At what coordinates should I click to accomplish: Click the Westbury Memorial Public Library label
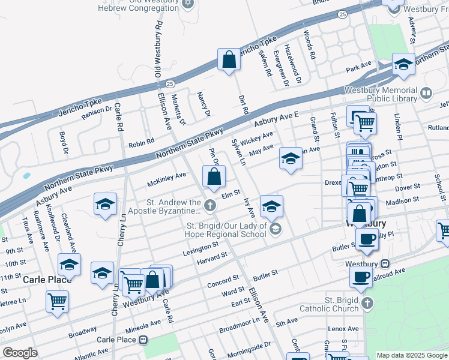(x=380, y=94)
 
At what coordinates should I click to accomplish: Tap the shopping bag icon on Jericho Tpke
(x=229, y=59)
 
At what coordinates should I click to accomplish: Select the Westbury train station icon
(x=385, y=263)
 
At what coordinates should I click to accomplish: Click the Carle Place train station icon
(x=143, y=340)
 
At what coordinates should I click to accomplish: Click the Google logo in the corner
(x=20, y=353)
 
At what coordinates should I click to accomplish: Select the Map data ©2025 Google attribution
(x=412, y=355)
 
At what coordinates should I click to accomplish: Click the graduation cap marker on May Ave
(x=291, y=159)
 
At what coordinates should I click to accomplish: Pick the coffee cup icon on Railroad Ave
(x=361, y=277)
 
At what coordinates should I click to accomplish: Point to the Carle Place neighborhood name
(x=47, y=280)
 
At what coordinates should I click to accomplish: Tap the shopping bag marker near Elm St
(x=214, y=177)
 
